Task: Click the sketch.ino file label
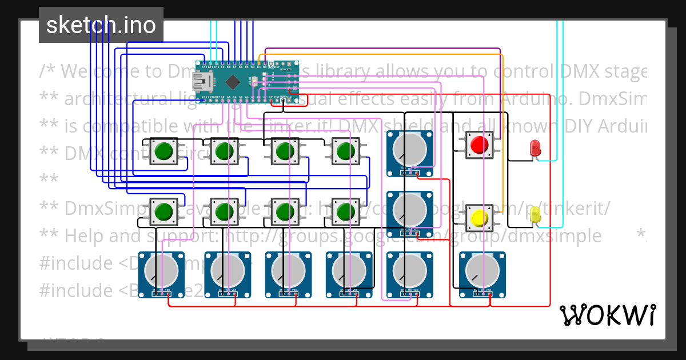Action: (101, 25)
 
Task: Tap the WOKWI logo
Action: (608, 315)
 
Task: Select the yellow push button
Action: (478, 218)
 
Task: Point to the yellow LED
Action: (536, 215)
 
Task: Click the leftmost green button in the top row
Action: (163, 151)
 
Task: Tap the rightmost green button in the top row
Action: (346, 151)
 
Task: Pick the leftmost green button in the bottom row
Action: (163, 211)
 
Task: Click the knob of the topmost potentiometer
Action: (410, 149)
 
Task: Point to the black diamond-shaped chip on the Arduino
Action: (232, 81)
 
